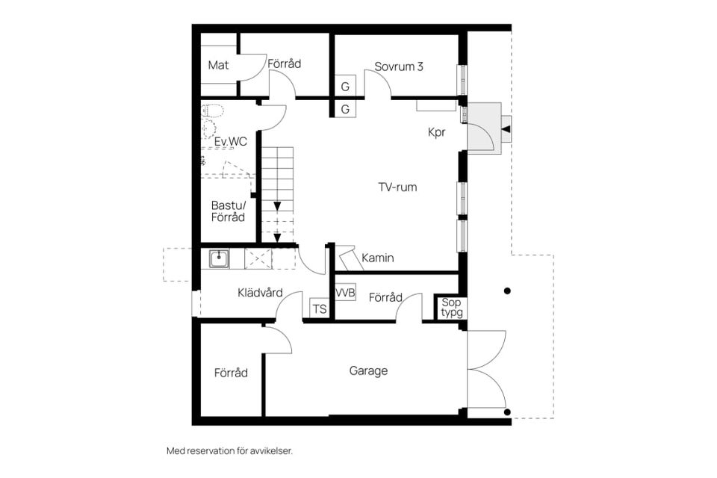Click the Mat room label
click(218, 65)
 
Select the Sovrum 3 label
click(399, 66)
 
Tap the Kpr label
click(437, 132)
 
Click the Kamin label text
click(378, 258)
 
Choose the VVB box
click(345, 292)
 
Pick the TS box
click(319, 308)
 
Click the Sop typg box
click(451, 307)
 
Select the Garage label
click(368, 370)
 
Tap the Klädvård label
click(260, 292)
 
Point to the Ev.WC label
click(231, 142)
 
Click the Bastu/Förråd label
click(228, 211)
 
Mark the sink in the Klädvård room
click(219, 258)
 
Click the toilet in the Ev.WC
click(212, 111)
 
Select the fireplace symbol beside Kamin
click(349, 259)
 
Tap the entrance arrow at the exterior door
click(506, 130)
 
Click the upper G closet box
click(345, 87)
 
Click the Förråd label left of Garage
click(231, 372)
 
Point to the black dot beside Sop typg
click(506, 291)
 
